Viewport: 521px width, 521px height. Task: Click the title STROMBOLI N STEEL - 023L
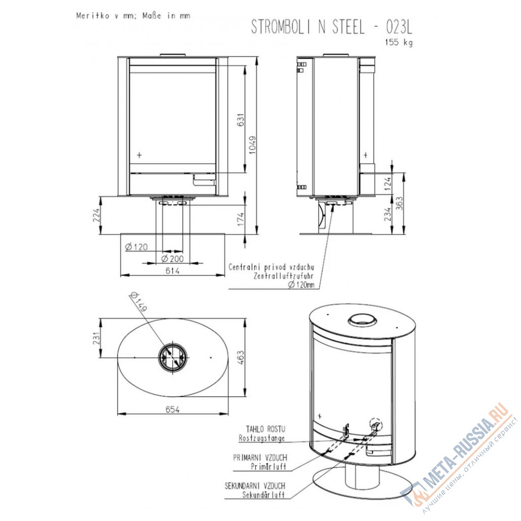331,27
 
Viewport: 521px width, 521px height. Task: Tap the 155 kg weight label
399,43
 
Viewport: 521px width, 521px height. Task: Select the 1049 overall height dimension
253,145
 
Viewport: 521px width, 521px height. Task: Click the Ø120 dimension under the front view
137,247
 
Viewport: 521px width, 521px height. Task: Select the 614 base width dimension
172,271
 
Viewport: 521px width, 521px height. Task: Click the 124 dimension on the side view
388,184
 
